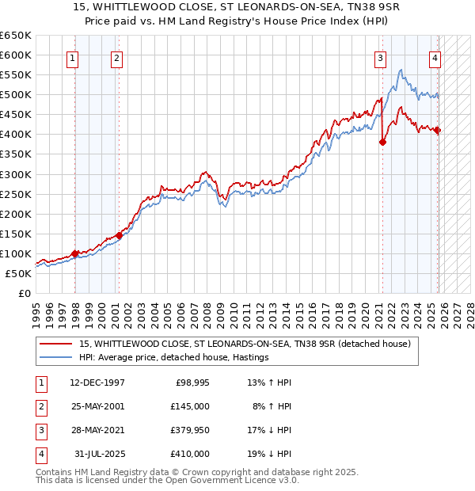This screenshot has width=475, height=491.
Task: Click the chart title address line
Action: click(x=237, y=8)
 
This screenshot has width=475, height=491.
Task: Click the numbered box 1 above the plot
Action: click(x=73, y=57)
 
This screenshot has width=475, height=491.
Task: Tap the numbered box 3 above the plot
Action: click(x=381, y=57)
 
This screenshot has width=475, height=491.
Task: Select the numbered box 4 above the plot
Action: click(x=435, y=57)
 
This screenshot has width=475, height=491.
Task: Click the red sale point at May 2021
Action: click(x=382, y=143)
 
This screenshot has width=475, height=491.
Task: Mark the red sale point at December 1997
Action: click(x=74, y=253)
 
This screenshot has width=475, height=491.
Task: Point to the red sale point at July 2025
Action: click(x=438, y=131)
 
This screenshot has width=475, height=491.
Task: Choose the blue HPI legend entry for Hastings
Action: click(x=174, y=357)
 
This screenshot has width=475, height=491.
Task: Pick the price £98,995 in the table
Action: click(x=192, y=382)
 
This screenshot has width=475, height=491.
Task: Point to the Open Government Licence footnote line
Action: click(x=167, y=480)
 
